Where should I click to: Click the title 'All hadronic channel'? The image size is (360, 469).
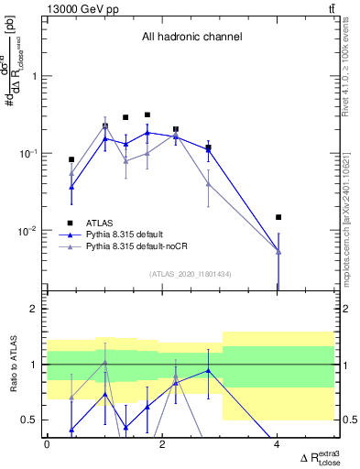point(191,38)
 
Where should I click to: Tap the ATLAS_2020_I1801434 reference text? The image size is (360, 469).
point(190,274)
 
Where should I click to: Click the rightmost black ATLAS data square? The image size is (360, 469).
point(278,217)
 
